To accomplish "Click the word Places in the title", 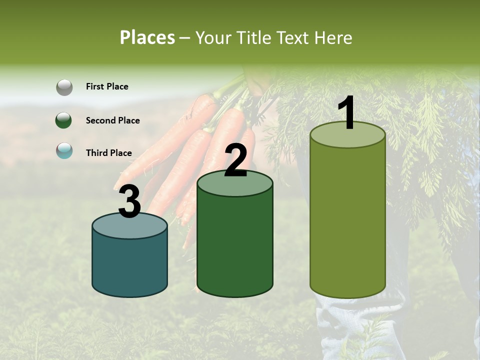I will click(147, 37).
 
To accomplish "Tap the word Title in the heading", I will click(252, 37).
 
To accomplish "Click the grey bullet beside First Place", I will click(64, 87).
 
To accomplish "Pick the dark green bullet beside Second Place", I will click(64, 120).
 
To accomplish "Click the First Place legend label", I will click(107, 86).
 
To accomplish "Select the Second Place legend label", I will click(112, 120).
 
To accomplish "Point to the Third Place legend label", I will click(108, 153).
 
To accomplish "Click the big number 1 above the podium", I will click(347, 113).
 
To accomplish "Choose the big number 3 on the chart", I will click(130, 201).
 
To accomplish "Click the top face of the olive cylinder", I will click(347, 138).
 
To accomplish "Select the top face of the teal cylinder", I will click(130, 227).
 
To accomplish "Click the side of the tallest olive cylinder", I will click(347, 220).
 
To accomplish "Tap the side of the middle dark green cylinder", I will click(235, 245).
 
